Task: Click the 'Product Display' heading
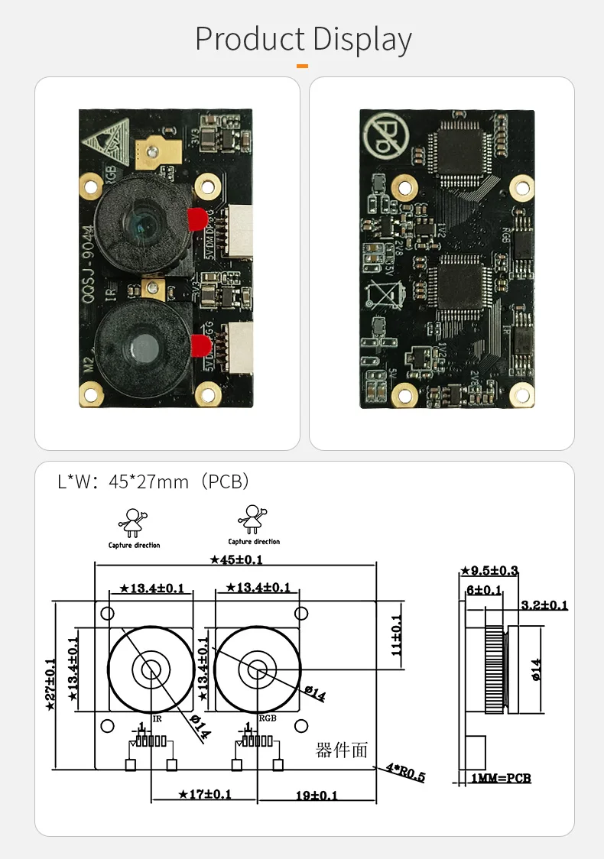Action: (304, 39)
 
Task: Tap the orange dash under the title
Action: (302, 66)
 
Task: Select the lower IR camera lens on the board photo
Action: (140, 347)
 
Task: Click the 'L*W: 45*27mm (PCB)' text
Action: (154, 481)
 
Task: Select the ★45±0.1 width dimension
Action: (236, 559)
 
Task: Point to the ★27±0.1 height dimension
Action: (50, 685)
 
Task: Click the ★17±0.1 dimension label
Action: (204, 794)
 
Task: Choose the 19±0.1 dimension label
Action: (317, 795)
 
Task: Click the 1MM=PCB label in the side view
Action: (501, 778)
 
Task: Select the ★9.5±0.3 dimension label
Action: (489, 570)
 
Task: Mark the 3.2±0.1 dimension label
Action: (544, 605)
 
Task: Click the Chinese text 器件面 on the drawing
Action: (342, 750)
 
